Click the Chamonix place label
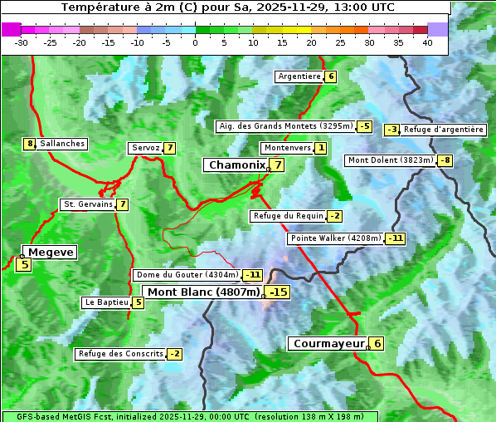[x=236, y=165]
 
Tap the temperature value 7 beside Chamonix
[x=279, y=165]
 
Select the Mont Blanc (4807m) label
[x=203, y=292]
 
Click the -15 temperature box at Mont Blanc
[x=278, y=292]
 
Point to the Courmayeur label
[x=328, y=343]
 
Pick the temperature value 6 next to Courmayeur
[x=377, y=343]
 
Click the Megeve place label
[x=51, y=252]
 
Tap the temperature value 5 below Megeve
[x=24, y=265]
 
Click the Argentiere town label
[x=299, y=76]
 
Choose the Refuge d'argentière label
[x=443, y=130]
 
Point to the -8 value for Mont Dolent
[x=445, y=160]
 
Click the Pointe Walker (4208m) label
[x=336, y=238]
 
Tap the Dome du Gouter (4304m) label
[x=187, y=275]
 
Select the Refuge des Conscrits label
[x=120, y=354]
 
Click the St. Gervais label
[x=88, y=204]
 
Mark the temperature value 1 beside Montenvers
[x=321, y=148]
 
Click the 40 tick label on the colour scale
[x=427, y=42]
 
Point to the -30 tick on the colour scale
[x=22, y=42]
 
